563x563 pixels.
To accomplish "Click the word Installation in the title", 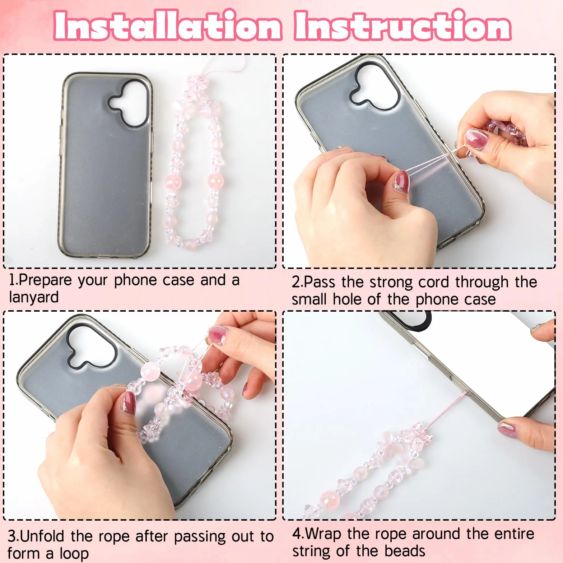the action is (x=167, y=25).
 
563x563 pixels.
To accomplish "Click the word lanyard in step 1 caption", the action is (x=34, y=298).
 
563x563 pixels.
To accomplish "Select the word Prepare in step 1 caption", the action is (x=45, y=280).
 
